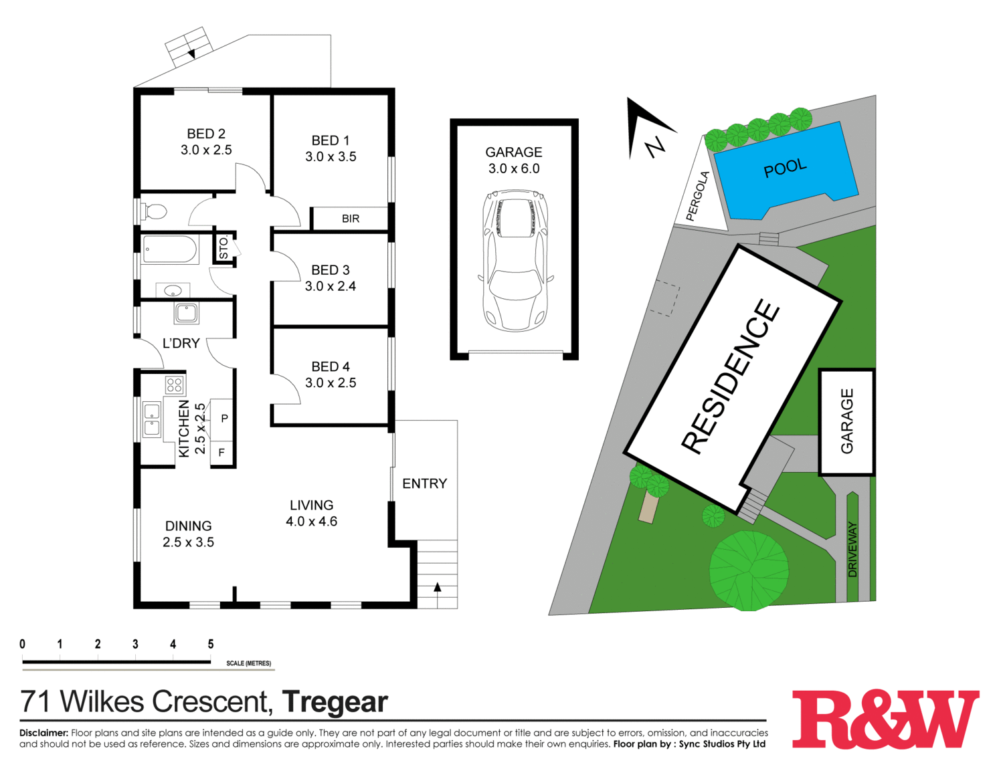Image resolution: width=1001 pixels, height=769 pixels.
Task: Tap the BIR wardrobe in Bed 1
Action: tap(350, 219)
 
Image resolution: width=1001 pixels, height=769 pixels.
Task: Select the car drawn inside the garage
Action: tap(515, 261)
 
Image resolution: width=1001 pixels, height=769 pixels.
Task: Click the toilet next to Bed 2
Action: tap(153, 212)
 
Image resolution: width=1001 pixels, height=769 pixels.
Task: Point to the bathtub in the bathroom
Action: tap(170, 249)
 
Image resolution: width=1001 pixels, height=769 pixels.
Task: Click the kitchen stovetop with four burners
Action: tap(175, 384)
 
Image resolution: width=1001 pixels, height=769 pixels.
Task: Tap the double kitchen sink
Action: tap(152, 419)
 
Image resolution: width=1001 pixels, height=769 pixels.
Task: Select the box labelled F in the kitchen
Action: tap(221, 453)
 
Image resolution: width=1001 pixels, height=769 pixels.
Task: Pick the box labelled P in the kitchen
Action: tap(223, 419)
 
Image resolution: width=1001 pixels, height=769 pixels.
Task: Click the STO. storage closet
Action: tap(224, 247)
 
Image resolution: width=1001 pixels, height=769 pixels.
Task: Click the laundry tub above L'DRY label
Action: tap(186, 312)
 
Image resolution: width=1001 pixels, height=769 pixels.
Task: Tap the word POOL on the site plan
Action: tap(785, 169)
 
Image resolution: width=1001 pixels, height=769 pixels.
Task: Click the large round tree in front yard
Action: tap(749, 570)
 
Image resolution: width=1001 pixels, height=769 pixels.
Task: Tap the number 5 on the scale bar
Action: tap(210, 644)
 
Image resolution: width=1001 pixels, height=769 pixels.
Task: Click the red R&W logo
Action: tap(885, 719)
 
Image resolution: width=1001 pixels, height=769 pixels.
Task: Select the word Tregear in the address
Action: tap(335, 702)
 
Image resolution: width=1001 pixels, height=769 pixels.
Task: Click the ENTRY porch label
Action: tap(424, 483)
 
